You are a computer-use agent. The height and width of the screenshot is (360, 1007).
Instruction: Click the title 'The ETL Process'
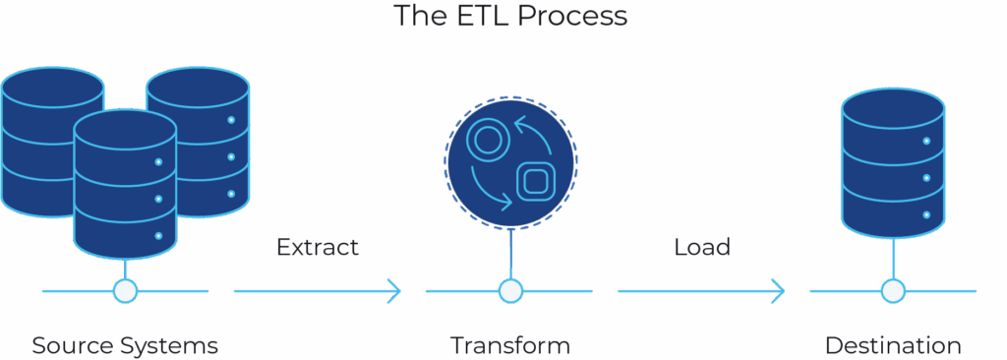pos(509,16)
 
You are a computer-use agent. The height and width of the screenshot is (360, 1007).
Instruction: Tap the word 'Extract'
pos(317,247)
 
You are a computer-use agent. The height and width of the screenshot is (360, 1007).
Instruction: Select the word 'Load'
pos(702,247)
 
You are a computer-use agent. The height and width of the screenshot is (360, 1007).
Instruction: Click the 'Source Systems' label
pos(125,346)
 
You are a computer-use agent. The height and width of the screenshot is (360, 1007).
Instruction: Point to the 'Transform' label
pos(509,346)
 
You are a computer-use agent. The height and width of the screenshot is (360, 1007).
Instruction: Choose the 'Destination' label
pos(892,346)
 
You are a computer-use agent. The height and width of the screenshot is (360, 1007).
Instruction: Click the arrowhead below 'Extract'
pos(395,291)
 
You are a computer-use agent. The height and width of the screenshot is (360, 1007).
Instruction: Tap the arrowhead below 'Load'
pos(779,291)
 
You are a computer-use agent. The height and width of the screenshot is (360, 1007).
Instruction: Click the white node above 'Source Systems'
pos(125,291)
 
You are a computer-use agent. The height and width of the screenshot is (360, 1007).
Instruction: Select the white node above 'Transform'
pos(509,291)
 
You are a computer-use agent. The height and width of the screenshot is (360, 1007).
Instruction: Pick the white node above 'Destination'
pos(892,291)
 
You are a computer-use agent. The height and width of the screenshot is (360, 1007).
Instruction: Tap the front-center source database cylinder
pos(125,182)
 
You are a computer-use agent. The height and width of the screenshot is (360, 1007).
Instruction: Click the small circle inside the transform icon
pos(484,140)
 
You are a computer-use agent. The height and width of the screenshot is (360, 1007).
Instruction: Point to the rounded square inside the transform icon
pos(535,181)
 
